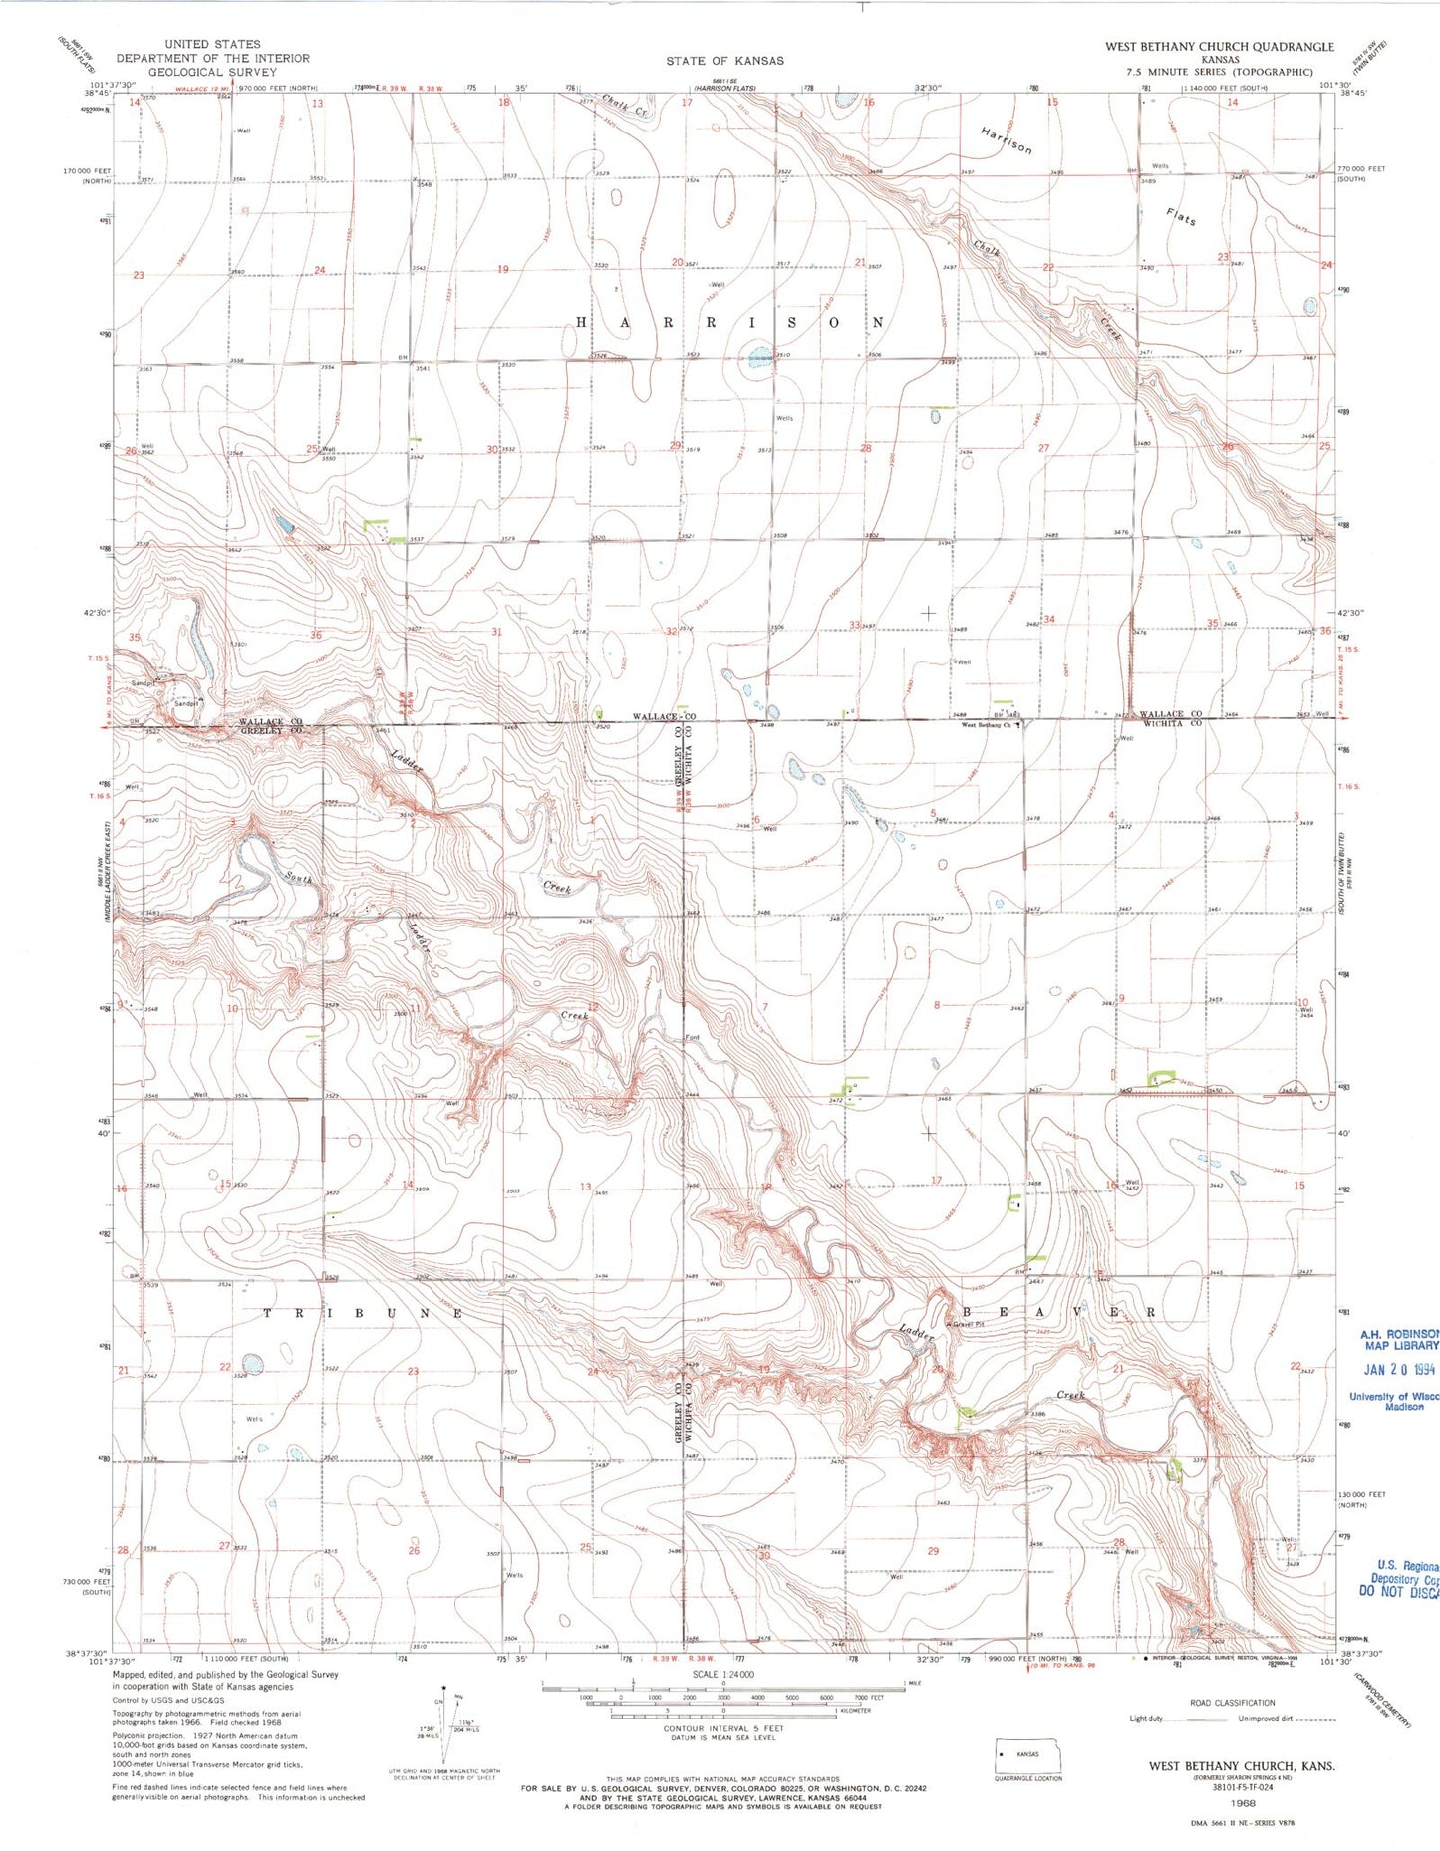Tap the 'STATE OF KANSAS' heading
(x=724, y=61)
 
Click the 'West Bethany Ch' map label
(x=986, y=725)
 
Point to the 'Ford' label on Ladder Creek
(x=691, y=1038)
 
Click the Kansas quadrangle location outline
(x=1027, y=1755)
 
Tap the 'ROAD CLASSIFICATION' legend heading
(x=1232, y=1703)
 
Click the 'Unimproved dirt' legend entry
(x=1267, y=1719)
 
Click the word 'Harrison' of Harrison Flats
(x=1006, y=140)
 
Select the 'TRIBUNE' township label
(x=363, y=1314)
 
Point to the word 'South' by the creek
(x=299, y=878)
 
